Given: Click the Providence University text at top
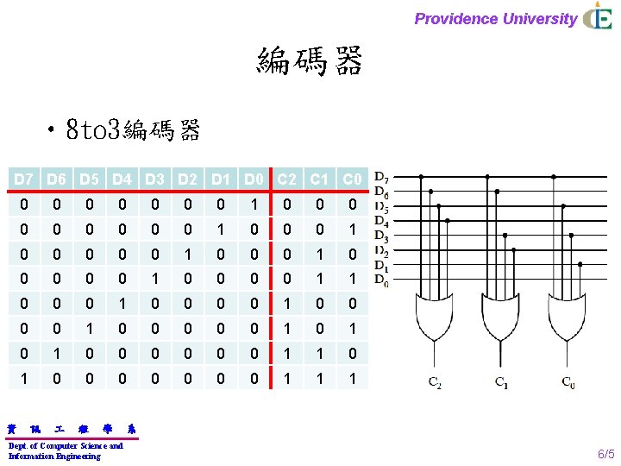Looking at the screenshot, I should click(x=495, y=19).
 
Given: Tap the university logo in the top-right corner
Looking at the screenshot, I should click(x=598, y=17).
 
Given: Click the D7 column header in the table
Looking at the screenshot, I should click(x=25, y=179).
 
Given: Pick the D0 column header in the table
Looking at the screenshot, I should click(x=254, y=179).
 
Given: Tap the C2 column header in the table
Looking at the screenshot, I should click(x=287, y=179).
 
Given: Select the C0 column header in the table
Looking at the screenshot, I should click(x=352, y=179).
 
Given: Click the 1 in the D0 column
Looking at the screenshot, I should click(x=254, y=205).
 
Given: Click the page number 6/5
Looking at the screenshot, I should click(x=606, y=454).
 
